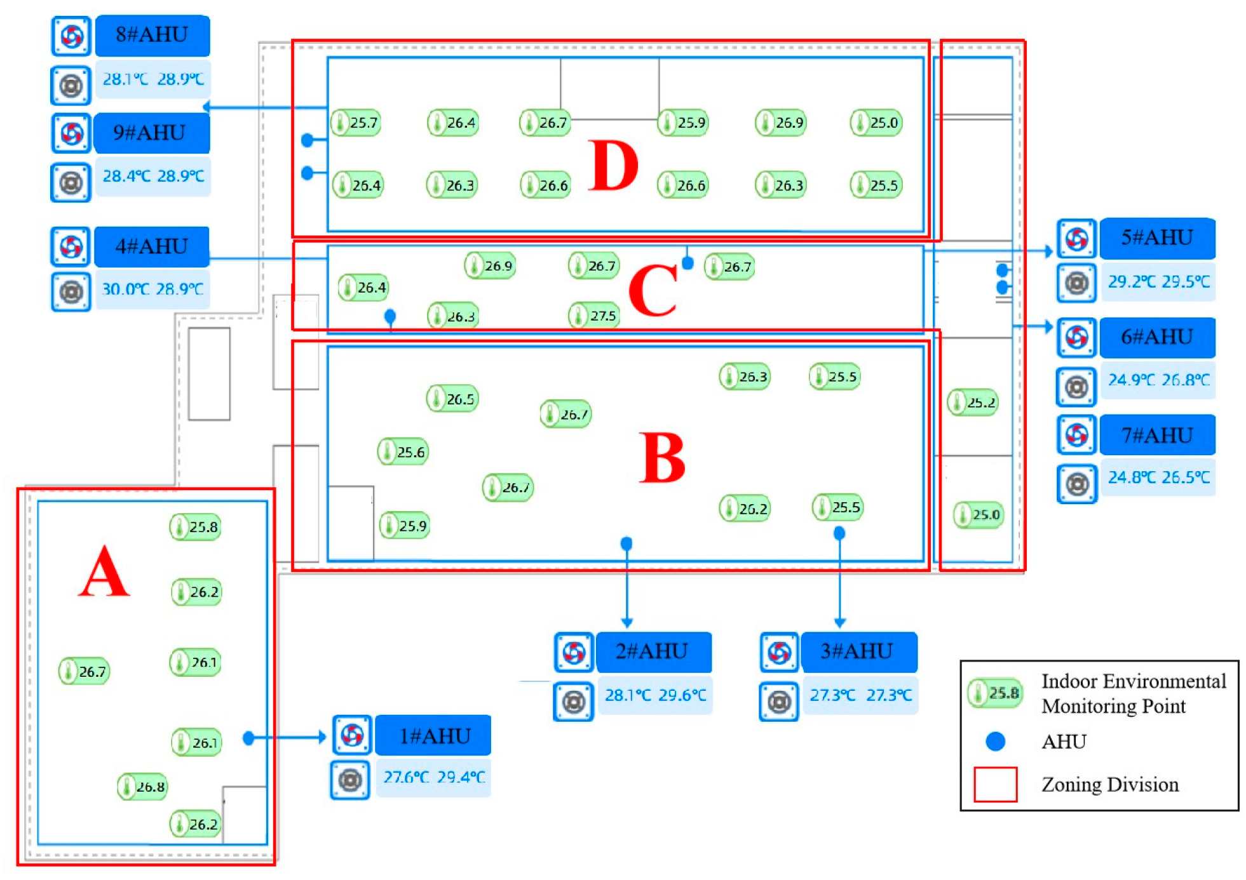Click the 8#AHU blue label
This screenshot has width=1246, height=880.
152,35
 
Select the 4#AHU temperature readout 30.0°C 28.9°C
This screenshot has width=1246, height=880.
152,289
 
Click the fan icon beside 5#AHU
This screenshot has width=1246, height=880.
1076,239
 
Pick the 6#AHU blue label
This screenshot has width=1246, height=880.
1156,337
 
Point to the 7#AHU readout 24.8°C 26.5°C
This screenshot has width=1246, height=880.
1158,477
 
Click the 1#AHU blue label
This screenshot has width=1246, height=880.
433,736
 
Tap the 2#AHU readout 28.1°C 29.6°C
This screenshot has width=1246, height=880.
654,695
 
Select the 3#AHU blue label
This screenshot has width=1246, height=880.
858,651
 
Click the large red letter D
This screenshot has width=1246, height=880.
613,166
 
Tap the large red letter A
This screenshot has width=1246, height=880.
104,573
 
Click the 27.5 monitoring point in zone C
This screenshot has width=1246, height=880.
594,316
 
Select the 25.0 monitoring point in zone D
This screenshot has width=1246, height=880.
876,123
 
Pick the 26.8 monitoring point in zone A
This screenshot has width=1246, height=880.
142,787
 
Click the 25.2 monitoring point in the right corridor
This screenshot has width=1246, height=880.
972,403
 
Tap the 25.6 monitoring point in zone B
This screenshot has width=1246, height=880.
403,452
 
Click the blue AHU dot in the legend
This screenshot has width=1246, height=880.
995,741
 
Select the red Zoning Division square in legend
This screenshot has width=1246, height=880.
995,784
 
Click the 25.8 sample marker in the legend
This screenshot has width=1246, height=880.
995,693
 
